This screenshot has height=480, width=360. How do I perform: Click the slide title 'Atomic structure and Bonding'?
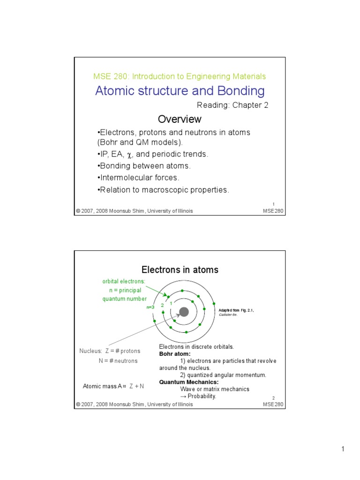pos(180,90)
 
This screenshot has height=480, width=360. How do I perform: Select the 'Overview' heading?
pos(180,119)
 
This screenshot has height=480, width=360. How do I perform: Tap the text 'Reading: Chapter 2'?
pos(232,105)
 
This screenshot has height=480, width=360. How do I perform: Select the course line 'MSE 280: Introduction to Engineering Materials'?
pos(180,76)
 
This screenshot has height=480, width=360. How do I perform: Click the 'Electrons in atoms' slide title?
pos(180,270)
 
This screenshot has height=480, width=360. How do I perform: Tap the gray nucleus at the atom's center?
pos(184,312)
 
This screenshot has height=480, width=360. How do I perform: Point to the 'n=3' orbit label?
pos(150,307)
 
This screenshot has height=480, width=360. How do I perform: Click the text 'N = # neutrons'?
pos(118,361)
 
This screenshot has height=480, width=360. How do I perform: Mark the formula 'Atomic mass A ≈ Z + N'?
pos(113,386)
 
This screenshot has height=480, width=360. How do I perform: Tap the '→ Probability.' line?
pos(198,396)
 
